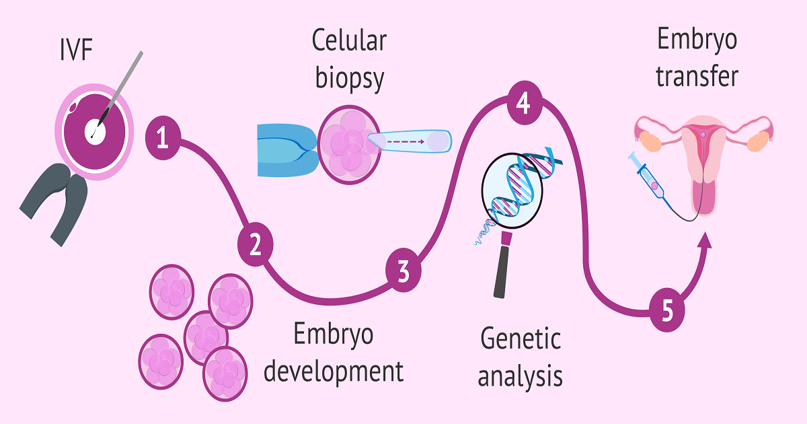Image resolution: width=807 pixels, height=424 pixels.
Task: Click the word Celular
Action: point(349,40)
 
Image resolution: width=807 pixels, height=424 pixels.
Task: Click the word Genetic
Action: point(520,339)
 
